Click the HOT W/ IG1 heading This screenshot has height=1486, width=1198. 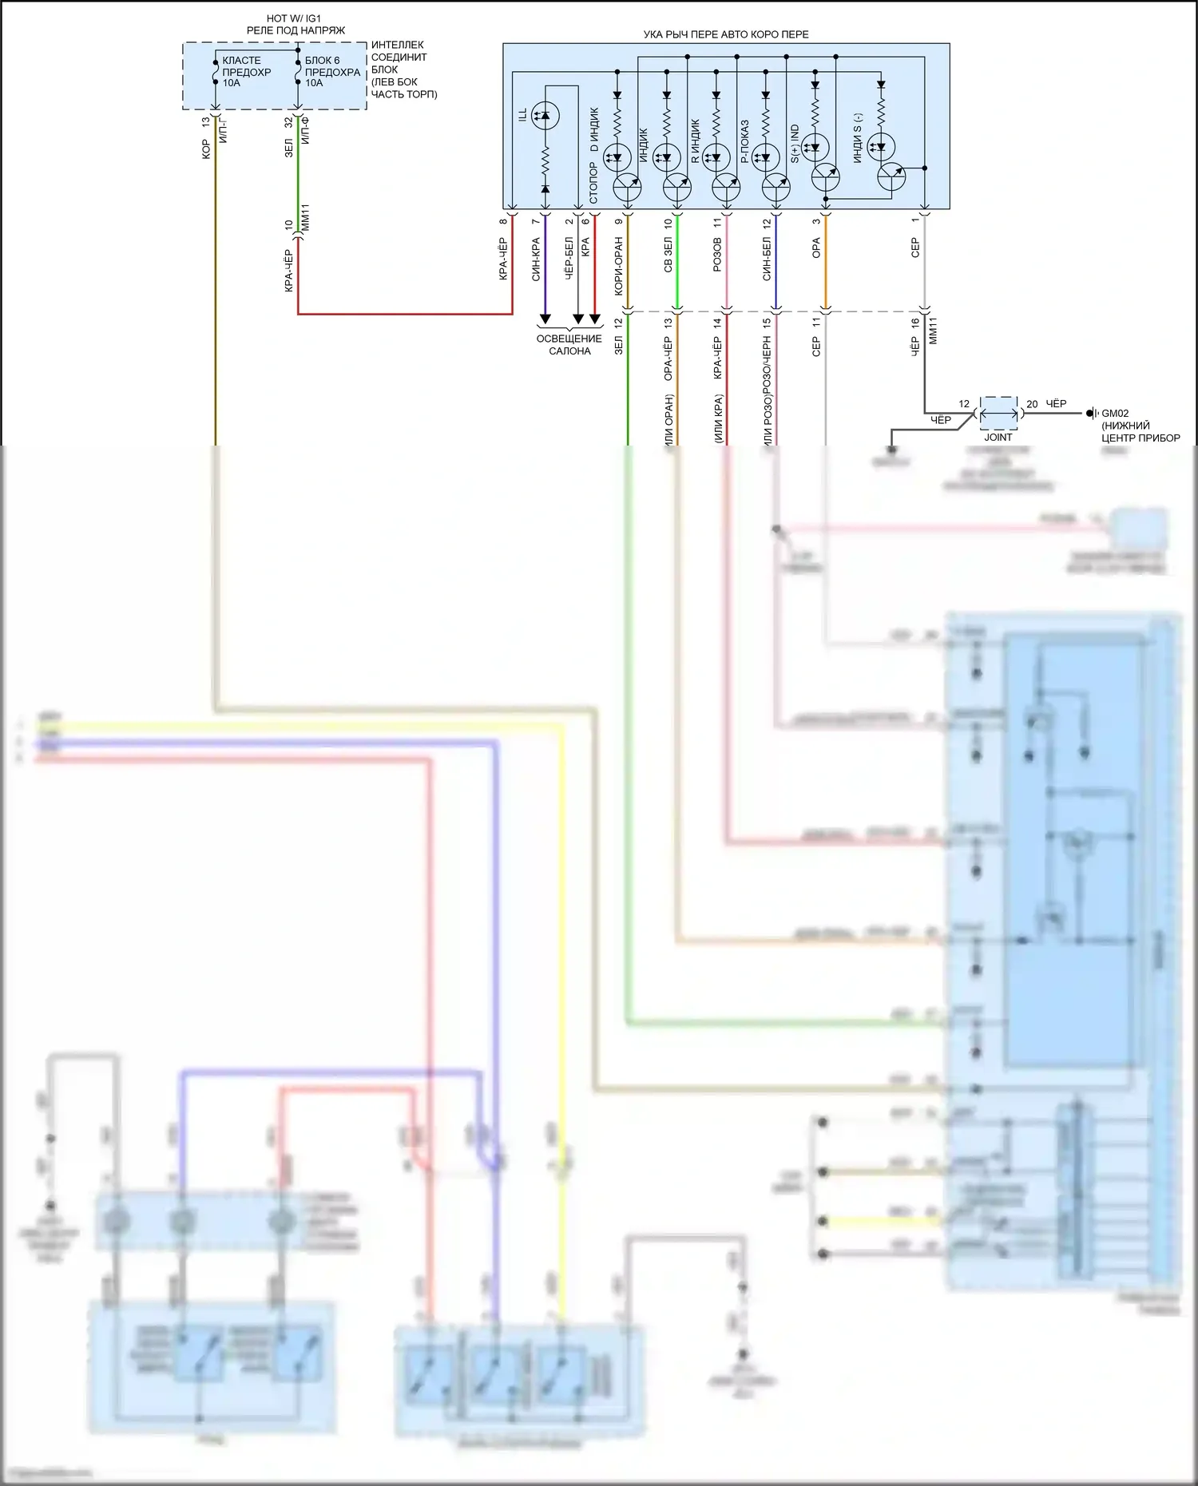(296, 18)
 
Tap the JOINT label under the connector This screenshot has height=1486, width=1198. (998, 437)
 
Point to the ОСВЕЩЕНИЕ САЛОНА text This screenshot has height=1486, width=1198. (569, 344)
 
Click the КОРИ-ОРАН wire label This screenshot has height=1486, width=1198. (619, 267)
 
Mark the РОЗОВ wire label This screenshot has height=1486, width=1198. (717, 254)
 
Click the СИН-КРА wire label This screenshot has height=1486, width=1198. (536, 259)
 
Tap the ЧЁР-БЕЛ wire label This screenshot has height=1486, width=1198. (569, 258)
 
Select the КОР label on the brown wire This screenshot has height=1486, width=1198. (205, 149)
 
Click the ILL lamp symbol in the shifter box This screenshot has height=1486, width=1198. (545, 117)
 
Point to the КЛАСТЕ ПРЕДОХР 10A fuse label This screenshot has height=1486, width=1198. (246, 72)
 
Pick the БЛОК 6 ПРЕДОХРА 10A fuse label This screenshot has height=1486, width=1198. (332, 72)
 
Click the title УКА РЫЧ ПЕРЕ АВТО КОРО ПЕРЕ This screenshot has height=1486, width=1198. (725, 34)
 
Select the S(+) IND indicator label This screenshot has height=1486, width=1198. (795, 144)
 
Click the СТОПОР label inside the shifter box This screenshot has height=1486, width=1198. (593, 183)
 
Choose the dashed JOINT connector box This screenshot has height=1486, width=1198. (998, 413)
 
